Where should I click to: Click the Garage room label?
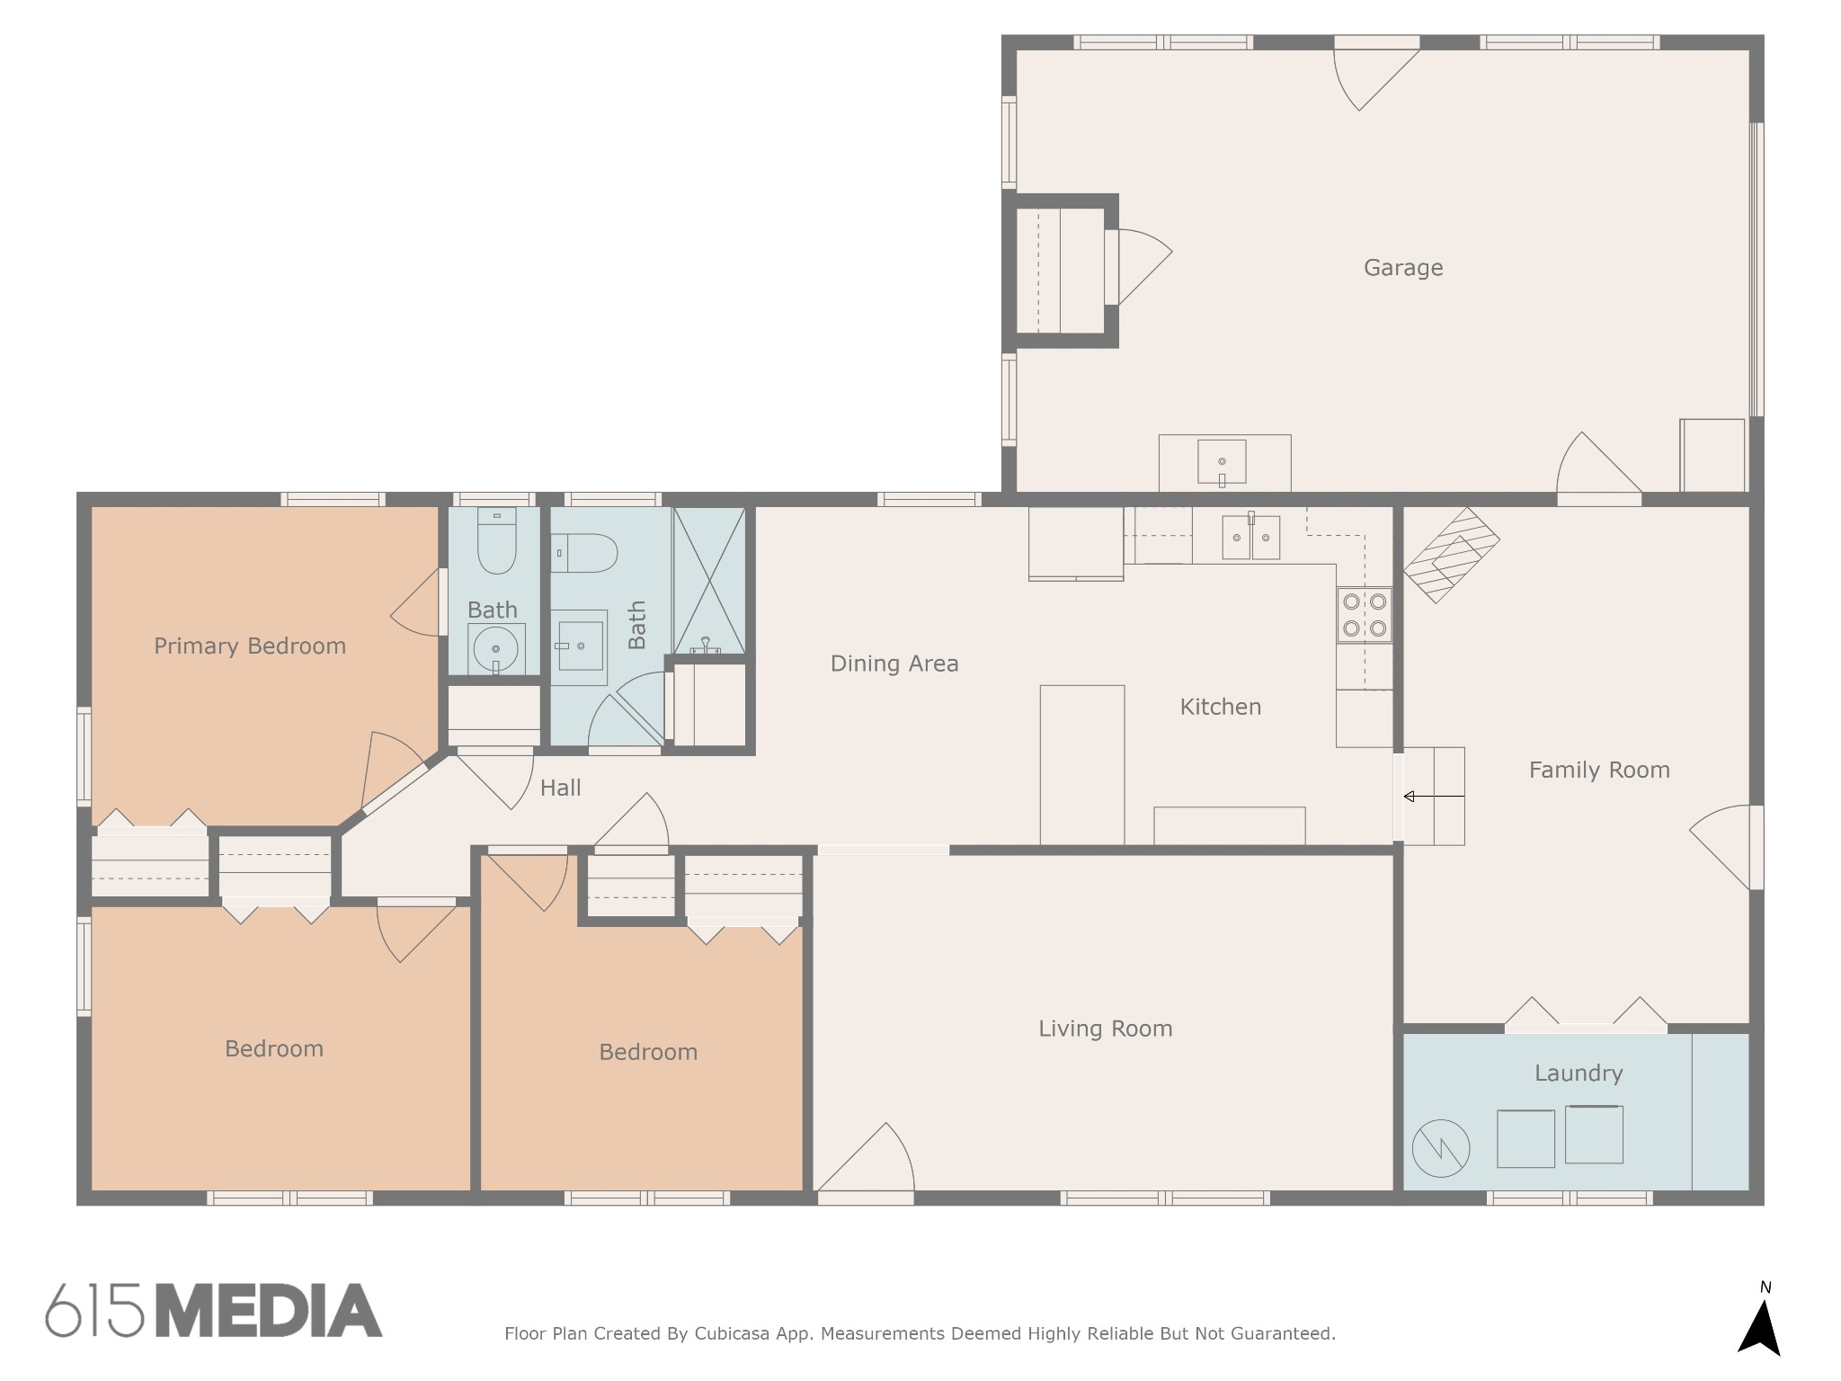click(1402, 267)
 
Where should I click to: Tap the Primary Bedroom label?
click(249, 646)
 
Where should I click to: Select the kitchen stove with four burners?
click(1364, 615)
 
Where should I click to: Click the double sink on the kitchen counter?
click(1250, 538)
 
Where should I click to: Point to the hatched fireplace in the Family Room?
click(1451, 555)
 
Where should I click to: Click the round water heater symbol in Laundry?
click(1440, 1148)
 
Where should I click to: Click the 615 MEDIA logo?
click(214, 1310)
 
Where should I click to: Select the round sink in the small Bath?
click(495, 648)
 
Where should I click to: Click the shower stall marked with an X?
click(709, 580)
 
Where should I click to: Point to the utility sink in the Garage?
click(1222, 462)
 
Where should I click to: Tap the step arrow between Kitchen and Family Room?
click(1433, 797)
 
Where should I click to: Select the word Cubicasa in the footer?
click(731, 1333)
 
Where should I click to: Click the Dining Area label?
click(894, 664)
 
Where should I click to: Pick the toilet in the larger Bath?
click(584, 553)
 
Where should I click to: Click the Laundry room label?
click(1578, 1073)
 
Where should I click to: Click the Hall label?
click(560, 788)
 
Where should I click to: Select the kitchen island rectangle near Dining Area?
click(1081, 764)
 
